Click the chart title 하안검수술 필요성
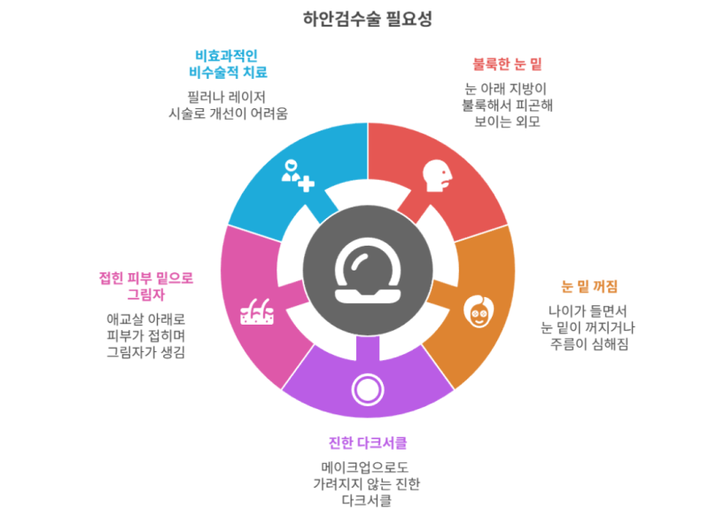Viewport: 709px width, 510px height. point(367,19)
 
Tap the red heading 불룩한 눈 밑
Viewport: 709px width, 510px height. point(507,64)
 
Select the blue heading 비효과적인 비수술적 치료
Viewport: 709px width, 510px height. point(228,64)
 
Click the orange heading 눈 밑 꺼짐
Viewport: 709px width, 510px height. point(588,286)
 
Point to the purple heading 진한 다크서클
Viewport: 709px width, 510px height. point(367,443)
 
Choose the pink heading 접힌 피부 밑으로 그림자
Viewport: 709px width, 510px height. point(145,286)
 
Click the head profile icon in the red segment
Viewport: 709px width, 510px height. point(437,176)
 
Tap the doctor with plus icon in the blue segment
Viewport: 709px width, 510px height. point(298,176)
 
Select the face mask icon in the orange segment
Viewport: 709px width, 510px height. point(479,311)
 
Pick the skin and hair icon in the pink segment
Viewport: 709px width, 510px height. point(257,311)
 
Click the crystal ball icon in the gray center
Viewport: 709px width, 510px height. point(368,271)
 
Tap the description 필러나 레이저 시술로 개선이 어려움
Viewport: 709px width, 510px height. point(228,105)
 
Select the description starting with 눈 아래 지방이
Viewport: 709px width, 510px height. point(507,105)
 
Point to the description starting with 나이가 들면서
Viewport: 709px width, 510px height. point(588,327)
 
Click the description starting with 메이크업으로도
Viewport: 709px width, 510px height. point(367,483)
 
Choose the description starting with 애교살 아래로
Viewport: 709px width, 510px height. point(145,336)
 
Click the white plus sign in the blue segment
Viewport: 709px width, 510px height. point(306,184)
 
